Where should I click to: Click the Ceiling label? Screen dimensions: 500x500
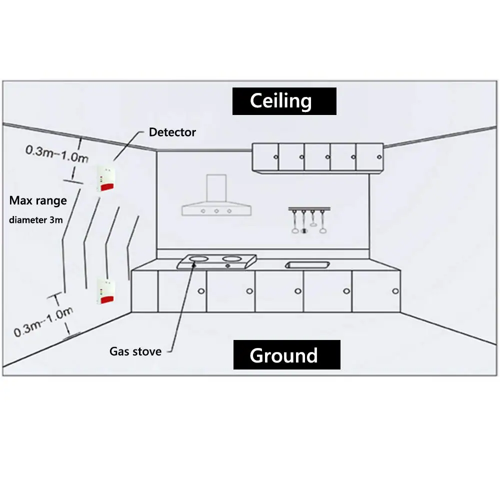pyautogui.click(x=280, y=101)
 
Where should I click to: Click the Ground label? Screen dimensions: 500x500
pyautogui.click(x=284, y=355)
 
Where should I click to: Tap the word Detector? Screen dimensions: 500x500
pyautogui.click(x=172, y=132)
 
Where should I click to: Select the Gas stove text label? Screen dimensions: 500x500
pyautogui.click(x=135, y=351)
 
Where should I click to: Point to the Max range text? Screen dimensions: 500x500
pyautogui.click(x=38, y=200)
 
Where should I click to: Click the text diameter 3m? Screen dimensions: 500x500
pyautogui.click(x=35, y=220)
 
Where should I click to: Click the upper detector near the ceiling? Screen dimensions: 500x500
pyautogui.click(x=106, y=178)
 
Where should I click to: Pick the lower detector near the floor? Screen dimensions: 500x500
pyautogui.click(x=106, y=291)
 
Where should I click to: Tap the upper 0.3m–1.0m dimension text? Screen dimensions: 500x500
pyautogui.click(x=57, y=154)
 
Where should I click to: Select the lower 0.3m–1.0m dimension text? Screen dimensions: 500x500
pyautogui.click(x=43, y=322)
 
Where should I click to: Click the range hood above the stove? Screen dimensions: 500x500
pyautogui.click(x=216, y=195)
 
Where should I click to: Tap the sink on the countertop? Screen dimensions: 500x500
pyautogui.click(x=307, y=264)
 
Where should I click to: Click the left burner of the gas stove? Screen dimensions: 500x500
pyautogui.click(x=198, y=258)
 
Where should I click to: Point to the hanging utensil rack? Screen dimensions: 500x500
pyautogui.click(x=309, y=220)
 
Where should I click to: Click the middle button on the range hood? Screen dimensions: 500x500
pyautogui.click(x=216, y=211)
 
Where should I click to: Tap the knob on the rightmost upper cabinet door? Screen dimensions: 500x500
pyautogui.click(x=379, y=157)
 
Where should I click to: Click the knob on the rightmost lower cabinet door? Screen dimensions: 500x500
pyautogui.click(x=395, y=291)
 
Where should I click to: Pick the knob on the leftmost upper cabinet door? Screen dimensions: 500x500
pyautogui.click(x=276, y=157)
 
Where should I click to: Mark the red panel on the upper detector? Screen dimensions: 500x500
pyautogui.click(x=107, y=186)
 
